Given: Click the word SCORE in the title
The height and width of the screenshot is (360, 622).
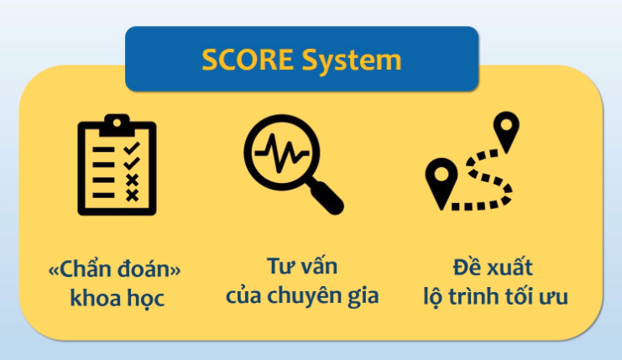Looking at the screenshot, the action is click(x=248, y=60).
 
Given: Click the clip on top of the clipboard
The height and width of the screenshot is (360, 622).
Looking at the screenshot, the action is click(x=117, y=125).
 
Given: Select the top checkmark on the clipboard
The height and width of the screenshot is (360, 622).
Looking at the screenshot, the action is click(x=131, y=149).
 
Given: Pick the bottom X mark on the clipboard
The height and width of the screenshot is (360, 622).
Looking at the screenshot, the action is click(x=132, y=196).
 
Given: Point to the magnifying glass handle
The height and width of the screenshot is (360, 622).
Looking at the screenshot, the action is click(x=327, y=198).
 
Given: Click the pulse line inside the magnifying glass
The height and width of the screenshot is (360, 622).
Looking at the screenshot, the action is click(x=282, y=153).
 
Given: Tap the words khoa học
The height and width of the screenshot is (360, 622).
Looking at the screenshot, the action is click(x=117, y=298).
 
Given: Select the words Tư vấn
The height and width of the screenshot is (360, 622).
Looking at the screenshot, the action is click(x=302, y=266).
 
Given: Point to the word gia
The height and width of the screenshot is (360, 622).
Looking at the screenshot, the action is click(x=363, y=297).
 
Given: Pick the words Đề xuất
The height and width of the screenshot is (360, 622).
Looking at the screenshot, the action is click(x=493, y=266).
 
